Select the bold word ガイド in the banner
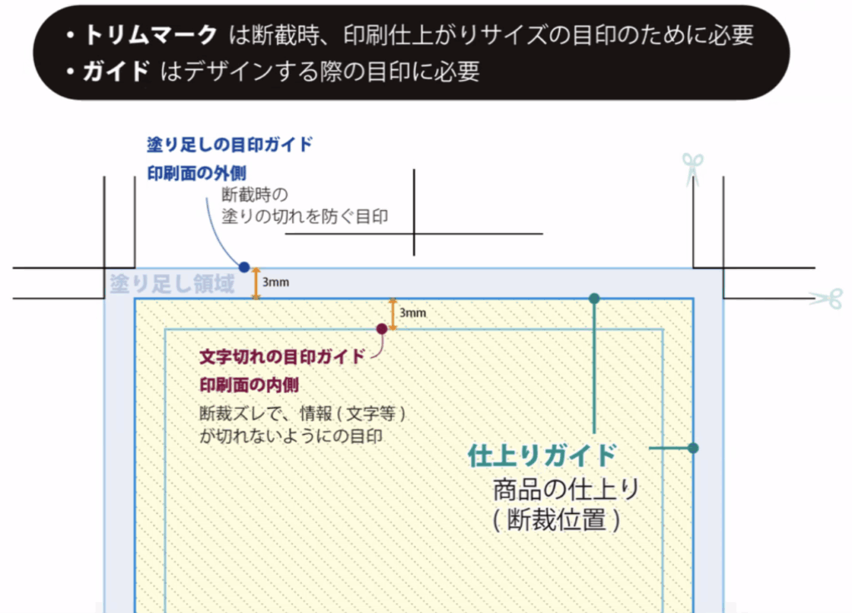[x=115, y=72]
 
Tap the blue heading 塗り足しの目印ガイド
[x=230, y=144]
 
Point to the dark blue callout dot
[x=244, y=267]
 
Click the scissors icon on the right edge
[x=826, y=298]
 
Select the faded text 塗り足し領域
[x=172, y=284]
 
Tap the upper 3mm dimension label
[x=275, y=283]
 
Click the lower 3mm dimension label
[x=413, y=313]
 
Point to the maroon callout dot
[x=381, y=329]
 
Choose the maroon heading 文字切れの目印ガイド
[x=282, y=356]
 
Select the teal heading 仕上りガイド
[x=542, y=456]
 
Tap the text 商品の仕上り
[x=566, y=489]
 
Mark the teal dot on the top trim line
[x=593, y=298]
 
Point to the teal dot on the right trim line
[x=693, y=448]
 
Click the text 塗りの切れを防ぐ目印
[x=305, y=217]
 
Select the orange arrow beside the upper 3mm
[x=256, y=283]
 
